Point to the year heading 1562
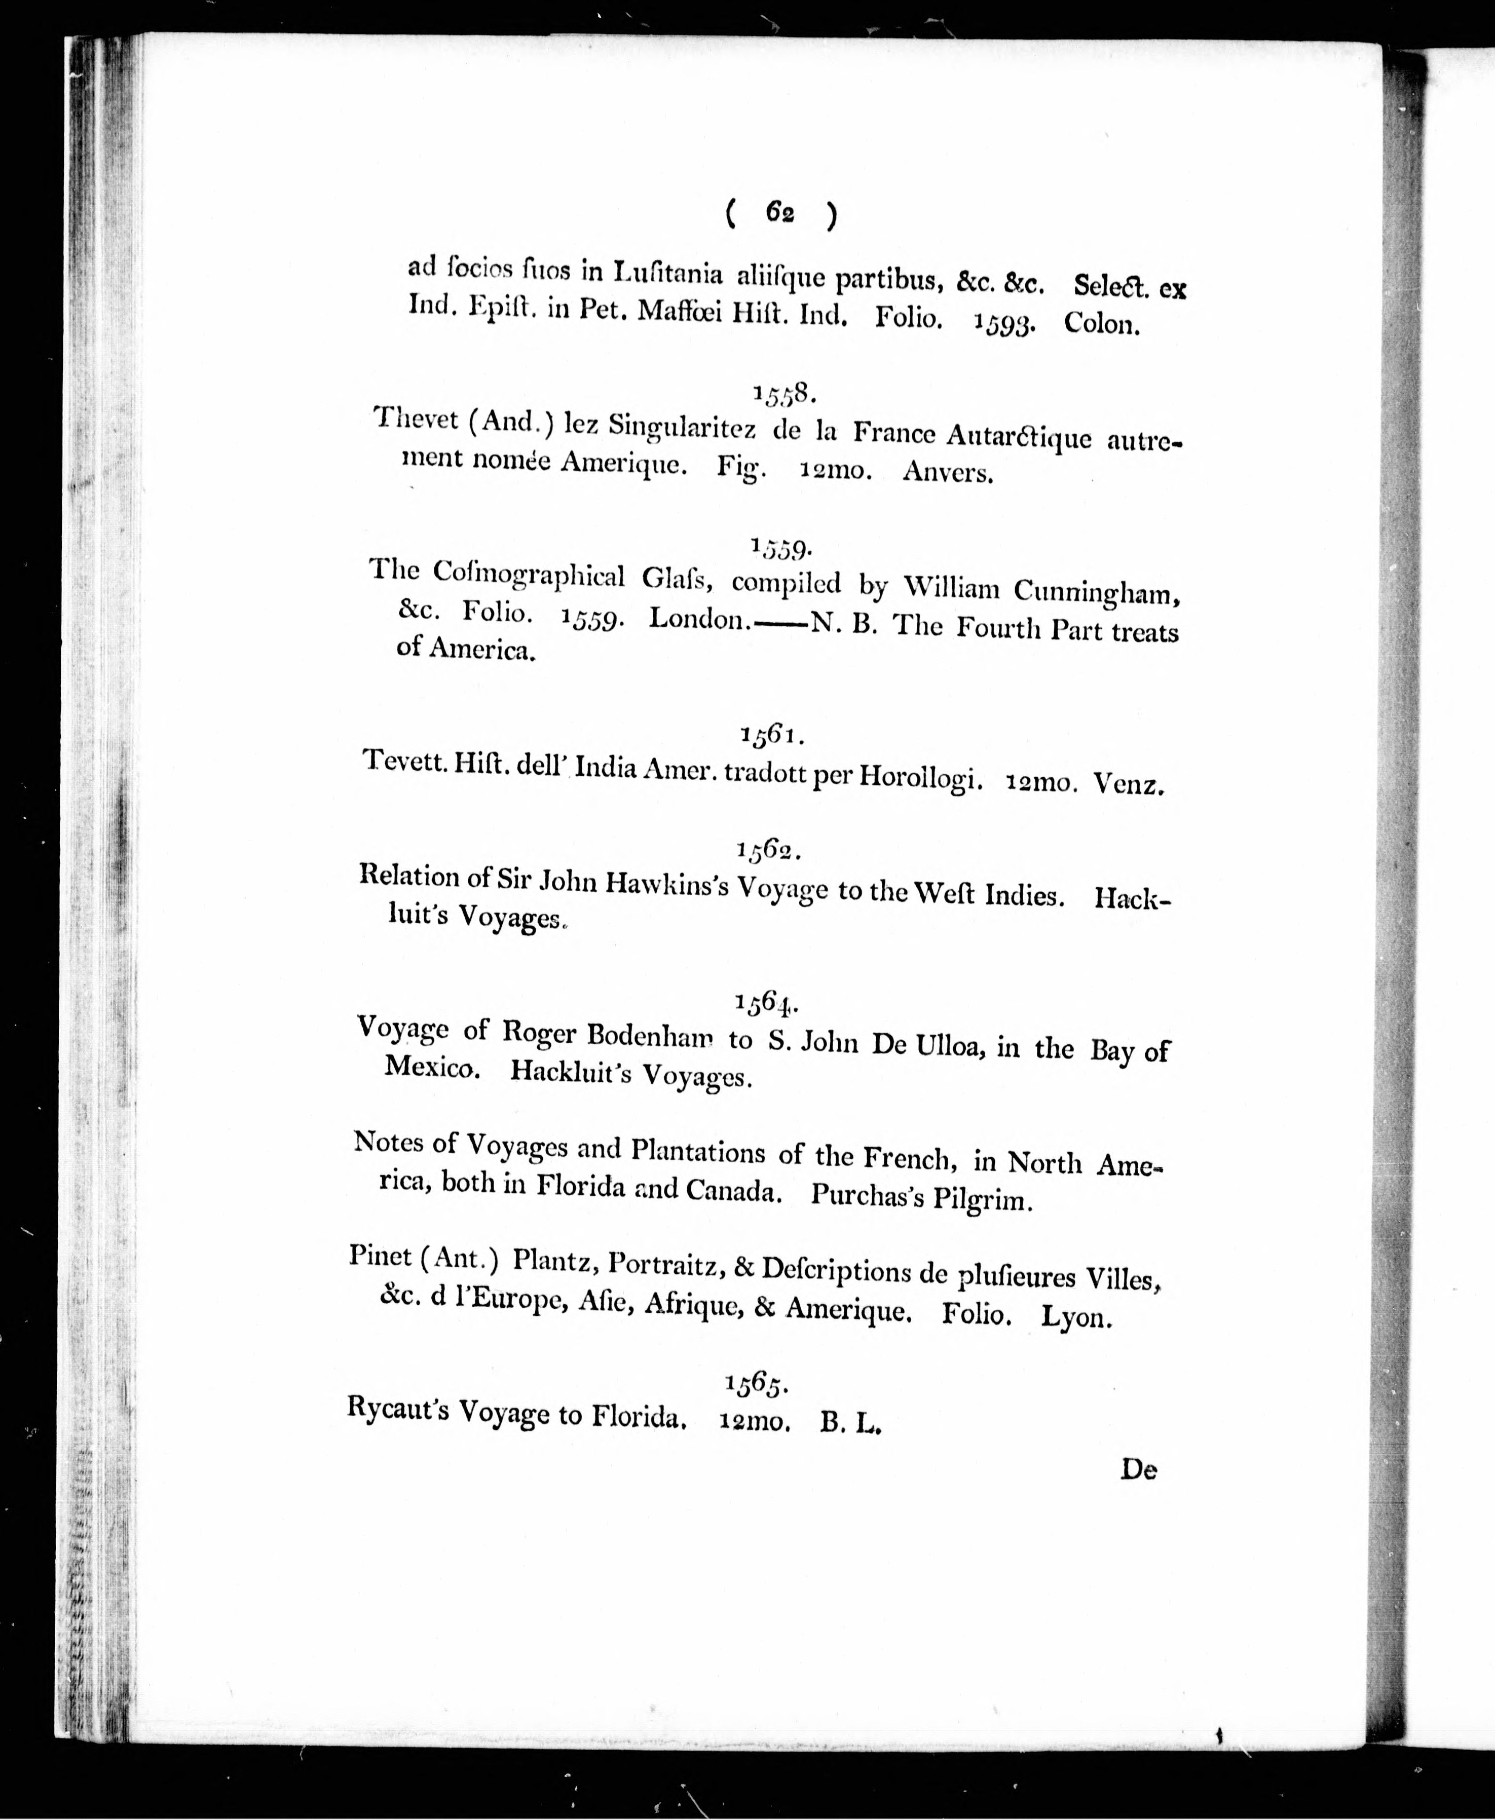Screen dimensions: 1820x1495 coord(769,851)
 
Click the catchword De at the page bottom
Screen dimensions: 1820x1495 coord(1138,1469)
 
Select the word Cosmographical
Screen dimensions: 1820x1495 coord(528,574)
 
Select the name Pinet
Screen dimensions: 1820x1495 coord(380,1257)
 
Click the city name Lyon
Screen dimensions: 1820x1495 coord(1076,1318)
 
